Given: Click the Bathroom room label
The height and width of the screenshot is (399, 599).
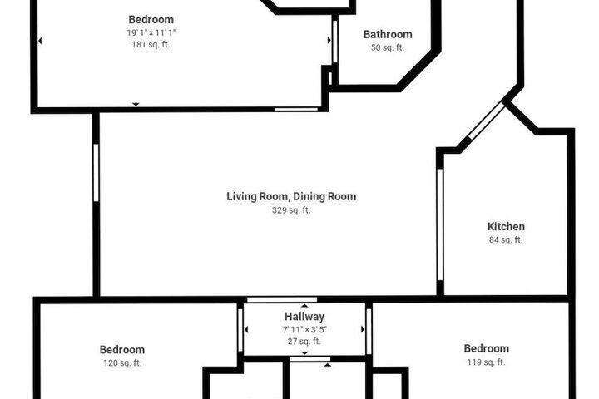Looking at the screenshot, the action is [x=388, y=34].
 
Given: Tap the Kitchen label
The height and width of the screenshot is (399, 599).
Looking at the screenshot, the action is [x=506, y=226].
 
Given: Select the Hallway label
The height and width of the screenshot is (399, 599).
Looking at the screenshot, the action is [x=304, y=317].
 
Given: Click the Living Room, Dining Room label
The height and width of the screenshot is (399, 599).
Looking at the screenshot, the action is [x=291, y=196].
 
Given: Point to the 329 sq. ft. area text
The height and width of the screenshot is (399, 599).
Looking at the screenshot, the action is [x=291, y=210].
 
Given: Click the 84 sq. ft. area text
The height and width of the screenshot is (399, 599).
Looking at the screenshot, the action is [x=506, y=239].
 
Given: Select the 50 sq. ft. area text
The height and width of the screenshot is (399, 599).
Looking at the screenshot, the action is [x=388, y=47].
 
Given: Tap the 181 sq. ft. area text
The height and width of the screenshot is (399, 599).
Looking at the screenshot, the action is [x=151, y=44].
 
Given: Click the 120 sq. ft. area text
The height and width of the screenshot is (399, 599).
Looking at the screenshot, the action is [x=122, y=362].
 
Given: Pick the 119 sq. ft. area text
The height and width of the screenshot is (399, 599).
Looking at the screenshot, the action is [x=487, y=362].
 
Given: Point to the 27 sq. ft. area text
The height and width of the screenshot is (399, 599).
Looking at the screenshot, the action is [x=304, y=342].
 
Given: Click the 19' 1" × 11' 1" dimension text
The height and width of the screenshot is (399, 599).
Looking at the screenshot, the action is [x=151, y=32].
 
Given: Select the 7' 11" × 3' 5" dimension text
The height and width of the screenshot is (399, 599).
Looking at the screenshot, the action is [x=304, y=329].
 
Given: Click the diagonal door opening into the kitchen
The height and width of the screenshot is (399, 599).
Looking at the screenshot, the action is [x=487, y=121].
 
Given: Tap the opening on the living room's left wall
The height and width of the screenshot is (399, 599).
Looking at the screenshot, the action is [x=96, y=173].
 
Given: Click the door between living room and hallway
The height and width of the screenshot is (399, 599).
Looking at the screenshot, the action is [x=282, y=300].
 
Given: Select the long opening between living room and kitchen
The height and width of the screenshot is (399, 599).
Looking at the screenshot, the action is [x=440, y=224].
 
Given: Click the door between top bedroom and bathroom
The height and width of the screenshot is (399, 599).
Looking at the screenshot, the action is [x=335, y=42].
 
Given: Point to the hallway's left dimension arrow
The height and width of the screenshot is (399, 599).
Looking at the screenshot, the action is [x=246, y=329].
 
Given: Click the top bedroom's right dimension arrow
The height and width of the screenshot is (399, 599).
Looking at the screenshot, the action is [x=329, y=40].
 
